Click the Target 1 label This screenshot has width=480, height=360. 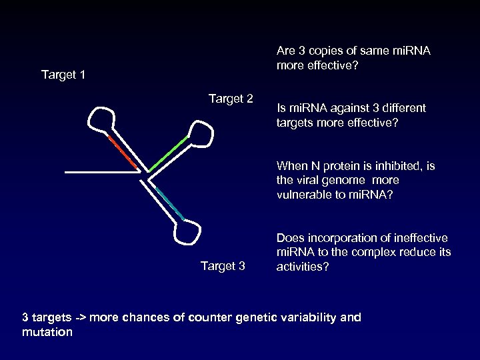(63, 74)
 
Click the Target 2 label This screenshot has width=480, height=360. (231, 99)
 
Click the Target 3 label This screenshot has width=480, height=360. (223, 267)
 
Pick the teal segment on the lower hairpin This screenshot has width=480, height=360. (171, 204)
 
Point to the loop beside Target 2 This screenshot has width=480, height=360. (201, 133)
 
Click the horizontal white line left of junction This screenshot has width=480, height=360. (100, 172)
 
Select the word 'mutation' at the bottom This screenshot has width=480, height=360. (47, 331)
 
